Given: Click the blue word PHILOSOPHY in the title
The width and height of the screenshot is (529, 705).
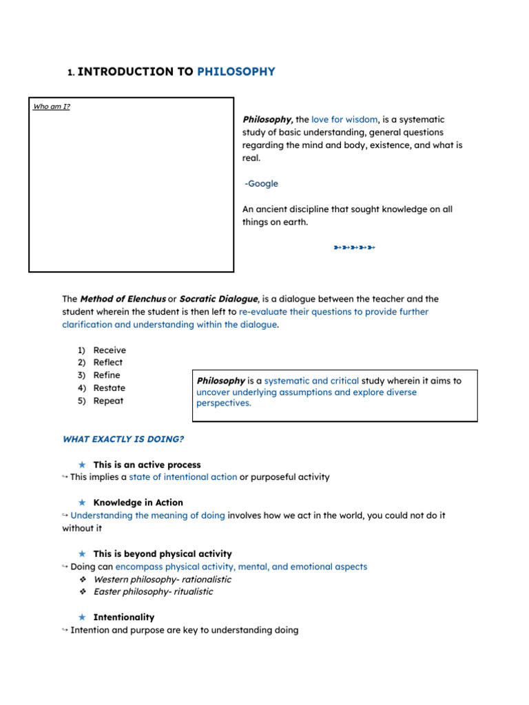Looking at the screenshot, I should pyautogui.click(x=236, y=72).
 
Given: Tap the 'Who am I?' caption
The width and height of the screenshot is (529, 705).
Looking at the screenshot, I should pyautogui.click(x=51, y=107).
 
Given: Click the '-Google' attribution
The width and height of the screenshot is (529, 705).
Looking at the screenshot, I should pyautogui.click(x=262, y=183).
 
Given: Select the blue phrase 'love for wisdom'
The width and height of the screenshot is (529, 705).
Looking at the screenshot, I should pyautogui.click(x=344, y=119).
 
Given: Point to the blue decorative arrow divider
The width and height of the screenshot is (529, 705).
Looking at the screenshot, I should pyautogui.click(x=354, y=247).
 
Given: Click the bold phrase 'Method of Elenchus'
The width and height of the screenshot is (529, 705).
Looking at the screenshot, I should pyautogui.click(x=123, y=299).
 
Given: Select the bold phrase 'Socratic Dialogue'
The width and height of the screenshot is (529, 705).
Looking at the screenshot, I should pyautogui.click(x=218, y=299).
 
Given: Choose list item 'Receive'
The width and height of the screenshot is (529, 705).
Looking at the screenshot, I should pyautogui.click(x=110, y=350).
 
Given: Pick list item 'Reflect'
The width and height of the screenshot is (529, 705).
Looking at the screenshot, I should pyautogui.click(x=108, y=362).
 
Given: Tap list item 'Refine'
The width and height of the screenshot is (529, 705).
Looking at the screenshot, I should pyautogui.click(x=107, y=375).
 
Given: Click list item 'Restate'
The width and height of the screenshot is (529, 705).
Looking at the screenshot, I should pyautogui.click(x=110, y=388).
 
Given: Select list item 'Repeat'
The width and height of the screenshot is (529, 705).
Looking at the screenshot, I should pyautogui.click(x=108, y=401).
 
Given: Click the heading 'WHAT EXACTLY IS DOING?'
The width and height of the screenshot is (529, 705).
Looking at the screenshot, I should pyautogui.click(x=123, y=439).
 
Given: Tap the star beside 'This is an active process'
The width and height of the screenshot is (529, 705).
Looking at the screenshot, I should pyautogui.click(x=82, y=465).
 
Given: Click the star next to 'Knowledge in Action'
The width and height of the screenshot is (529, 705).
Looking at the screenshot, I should pyautogui.click(x=82, y=503).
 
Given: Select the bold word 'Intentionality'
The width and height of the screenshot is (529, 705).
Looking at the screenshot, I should pyautogui.click(x=123, y=617).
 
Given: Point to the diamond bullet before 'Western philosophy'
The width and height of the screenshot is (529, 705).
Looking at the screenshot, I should pyautogui.click(x=83, y=579).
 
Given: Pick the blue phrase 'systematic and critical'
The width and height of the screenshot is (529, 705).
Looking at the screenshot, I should pyautogui.click(x=311, y=380).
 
